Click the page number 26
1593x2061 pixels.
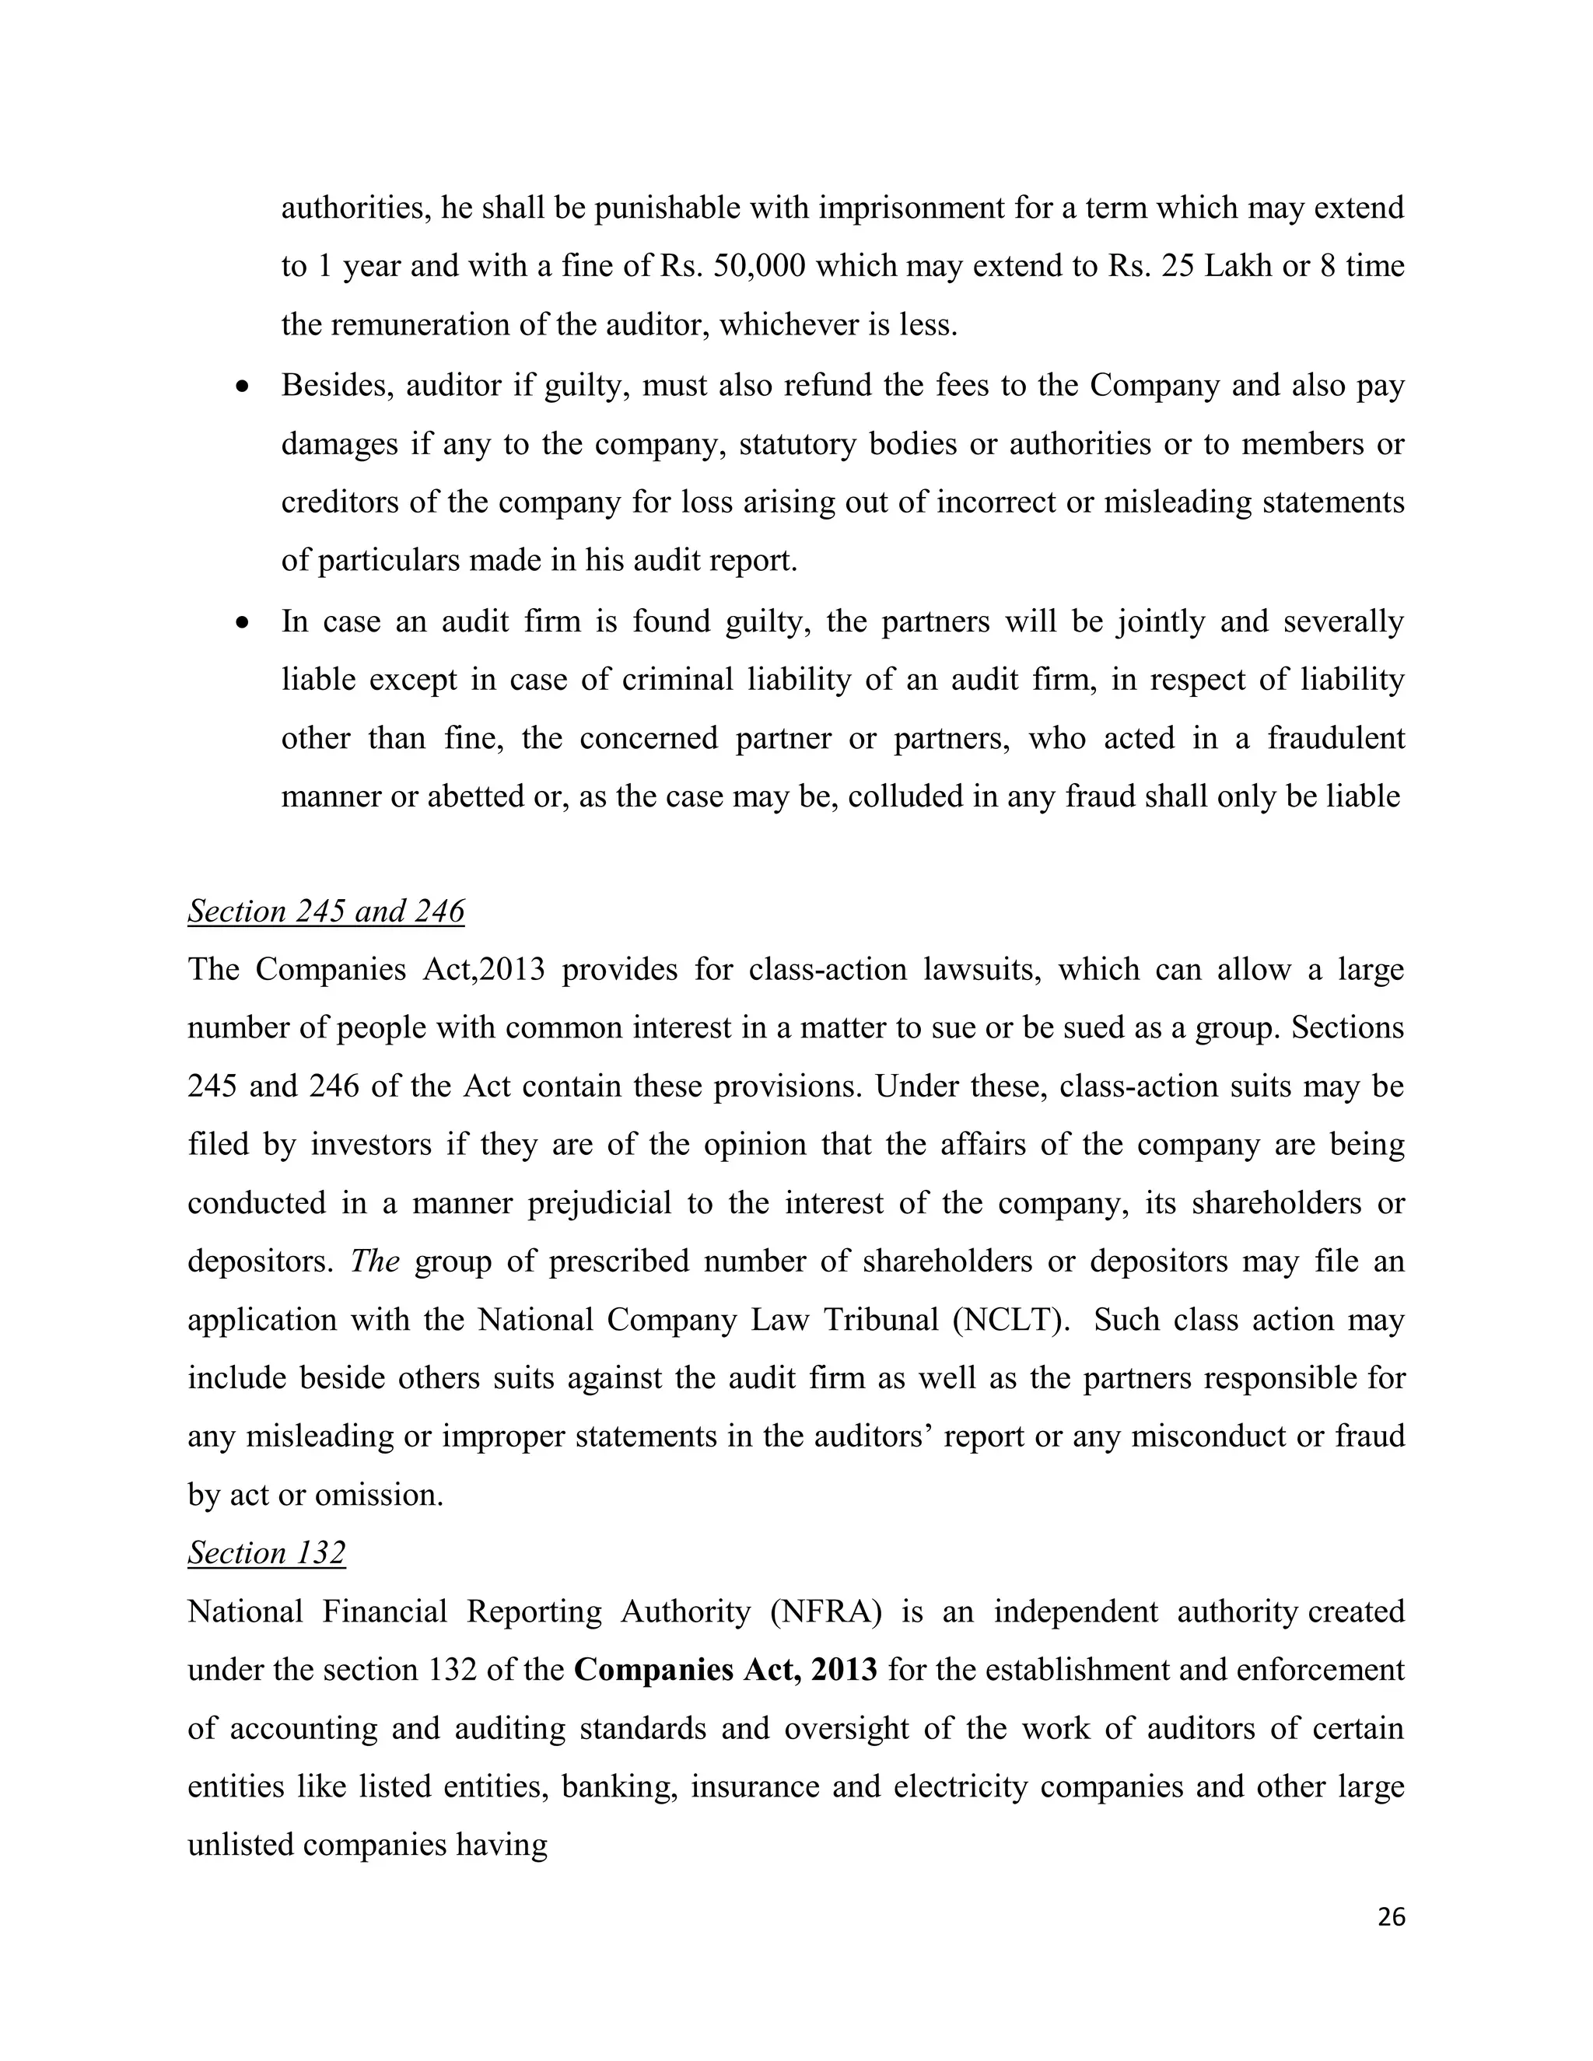pos(1391,1916)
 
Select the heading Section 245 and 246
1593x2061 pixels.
pos(326,912)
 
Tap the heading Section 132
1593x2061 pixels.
pos(266,1552)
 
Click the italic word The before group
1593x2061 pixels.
pos(375,1261)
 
